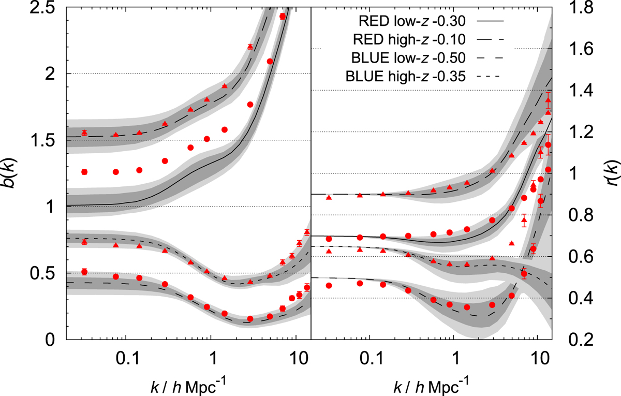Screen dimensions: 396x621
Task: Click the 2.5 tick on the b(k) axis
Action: [51, 8]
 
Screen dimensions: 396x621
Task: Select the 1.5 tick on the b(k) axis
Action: [51, 141]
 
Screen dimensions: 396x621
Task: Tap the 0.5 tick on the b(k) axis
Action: [51, 273]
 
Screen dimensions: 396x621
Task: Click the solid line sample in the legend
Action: [489, 21]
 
